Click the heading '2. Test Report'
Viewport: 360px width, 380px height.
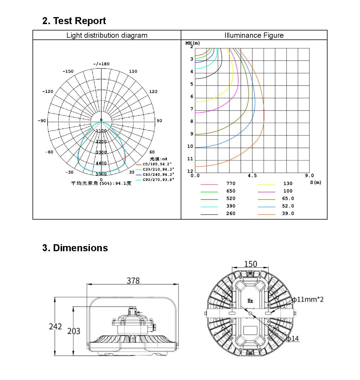coord(74,21)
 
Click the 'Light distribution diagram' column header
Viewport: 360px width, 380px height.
coord(107,35)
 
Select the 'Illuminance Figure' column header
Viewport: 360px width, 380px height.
coord(254,35)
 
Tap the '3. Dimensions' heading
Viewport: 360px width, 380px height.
coord(75,248)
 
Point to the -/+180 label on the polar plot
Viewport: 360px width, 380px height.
coord(101,64)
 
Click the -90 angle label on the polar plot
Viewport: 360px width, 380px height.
coord(42,121)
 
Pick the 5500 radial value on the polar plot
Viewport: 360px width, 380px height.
coord(101,174)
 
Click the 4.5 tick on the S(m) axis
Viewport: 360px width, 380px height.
coord(252,175)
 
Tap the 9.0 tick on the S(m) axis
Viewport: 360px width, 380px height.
coord(309,175)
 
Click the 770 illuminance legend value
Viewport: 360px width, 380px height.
coord(231,184)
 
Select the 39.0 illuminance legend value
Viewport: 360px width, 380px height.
coord(288,213)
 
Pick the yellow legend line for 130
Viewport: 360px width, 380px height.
coord(266,184)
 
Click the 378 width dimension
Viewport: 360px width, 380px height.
coord(133,281)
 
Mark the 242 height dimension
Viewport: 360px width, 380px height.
coord(55,327)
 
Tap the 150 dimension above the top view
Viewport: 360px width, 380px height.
coord(250,264)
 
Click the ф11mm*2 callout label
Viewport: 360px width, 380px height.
coord(307,299)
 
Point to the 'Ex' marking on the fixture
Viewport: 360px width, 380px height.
coord(250,301)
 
